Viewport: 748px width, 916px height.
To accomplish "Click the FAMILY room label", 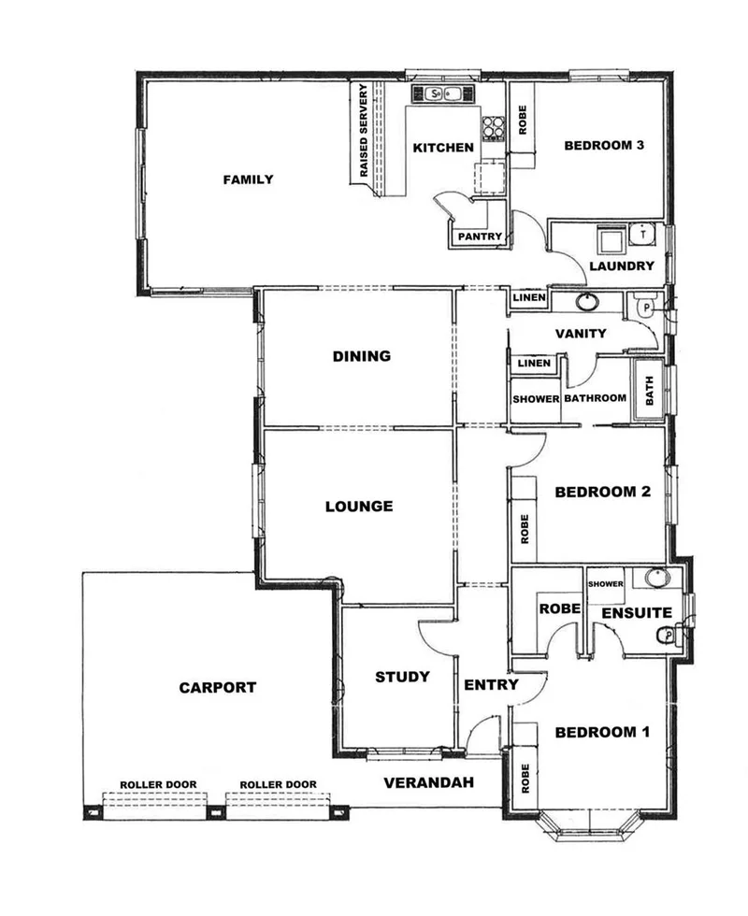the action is pos(248,179).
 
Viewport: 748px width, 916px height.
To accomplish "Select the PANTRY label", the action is pos(481,236).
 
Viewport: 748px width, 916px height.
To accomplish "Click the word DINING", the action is pos(361,355).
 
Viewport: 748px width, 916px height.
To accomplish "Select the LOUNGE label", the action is pos(358,507).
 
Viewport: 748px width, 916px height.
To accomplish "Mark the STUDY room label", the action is pos(402,677).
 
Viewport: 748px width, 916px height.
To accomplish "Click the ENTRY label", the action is pos(491,684).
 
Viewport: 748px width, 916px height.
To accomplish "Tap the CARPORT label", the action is pos(217,687).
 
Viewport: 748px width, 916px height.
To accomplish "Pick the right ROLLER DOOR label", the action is pos(278,784).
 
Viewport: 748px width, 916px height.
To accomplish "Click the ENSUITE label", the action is pos(636,613).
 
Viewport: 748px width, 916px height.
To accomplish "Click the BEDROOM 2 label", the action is pos(602,492).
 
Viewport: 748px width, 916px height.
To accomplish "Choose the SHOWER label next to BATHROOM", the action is pos(535,399).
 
